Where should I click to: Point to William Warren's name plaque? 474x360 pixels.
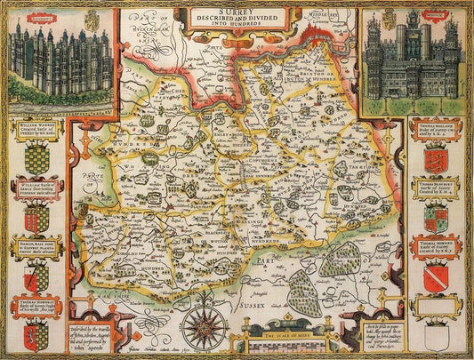(36, 131)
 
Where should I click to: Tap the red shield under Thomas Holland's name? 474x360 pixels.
(436, 158)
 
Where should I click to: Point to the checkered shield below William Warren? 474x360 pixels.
(36, 158)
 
